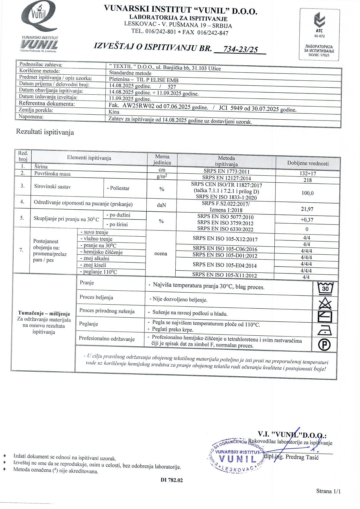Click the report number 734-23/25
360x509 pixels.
(240, 49)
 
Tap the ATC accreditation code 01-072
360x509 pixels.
(319, 36)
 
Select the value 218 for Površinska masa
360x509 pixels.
(307, 180)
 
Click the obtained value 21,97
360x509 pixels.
(307, 209)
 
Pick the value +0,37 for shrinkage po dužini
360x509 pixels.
(307, 220)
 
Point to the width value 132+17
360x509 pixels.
(307, 173)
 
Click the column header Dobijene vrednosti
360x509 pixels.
(308, 163)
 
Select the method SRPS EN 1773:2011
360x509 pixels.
(226, 172)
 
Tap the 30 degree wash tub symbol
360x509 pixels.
(325, 288)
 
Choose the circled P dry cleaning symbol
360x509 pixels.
(325, 345)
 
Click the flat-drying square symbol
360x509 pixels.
(325, 317)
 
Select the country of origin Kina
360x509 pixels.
(114, 112)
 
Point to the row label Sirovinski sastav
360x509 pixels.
(52, 187)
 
